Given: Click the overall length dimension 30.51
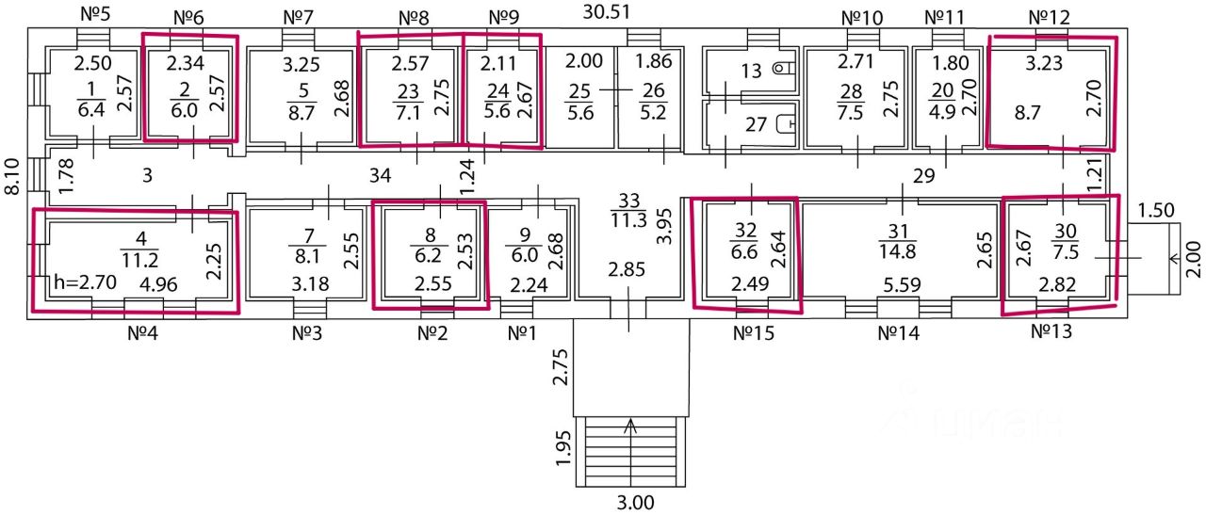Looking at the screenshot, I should tap(608, 12).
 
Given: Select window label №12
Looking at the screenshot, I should tap(1050, 17).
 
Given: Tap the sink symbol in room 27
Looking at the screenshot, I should tap(790, 122).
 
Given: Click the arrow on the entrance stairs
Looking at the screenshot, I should tap(630, 426).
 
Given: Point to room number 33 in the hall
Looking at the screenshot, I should tap(628, 200).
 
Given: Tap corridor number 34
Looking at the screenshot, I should tap(381, 175).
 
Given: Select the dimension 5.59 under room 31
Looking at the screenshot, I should tap(901, 284).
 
